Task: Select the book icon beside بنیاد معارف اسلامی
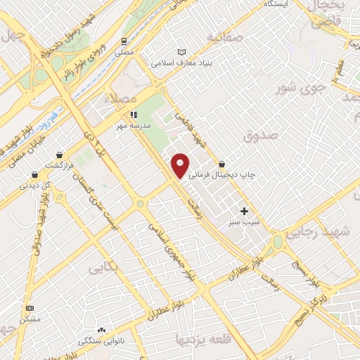click(182, 52)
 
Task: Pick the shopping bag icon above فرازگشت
click(61, 154)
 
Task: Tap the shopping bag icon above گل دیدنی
click(34, 175)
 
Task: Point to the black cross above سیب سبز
click(245, 211)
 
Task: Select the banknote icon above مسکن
click(30, 308)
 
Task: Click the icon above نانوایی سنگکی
click(102, 329)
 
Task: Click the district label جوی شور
click(290, 89)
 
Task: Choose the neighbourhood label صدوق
click(262, 134)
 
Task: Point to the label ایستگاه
click(276, 4)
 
